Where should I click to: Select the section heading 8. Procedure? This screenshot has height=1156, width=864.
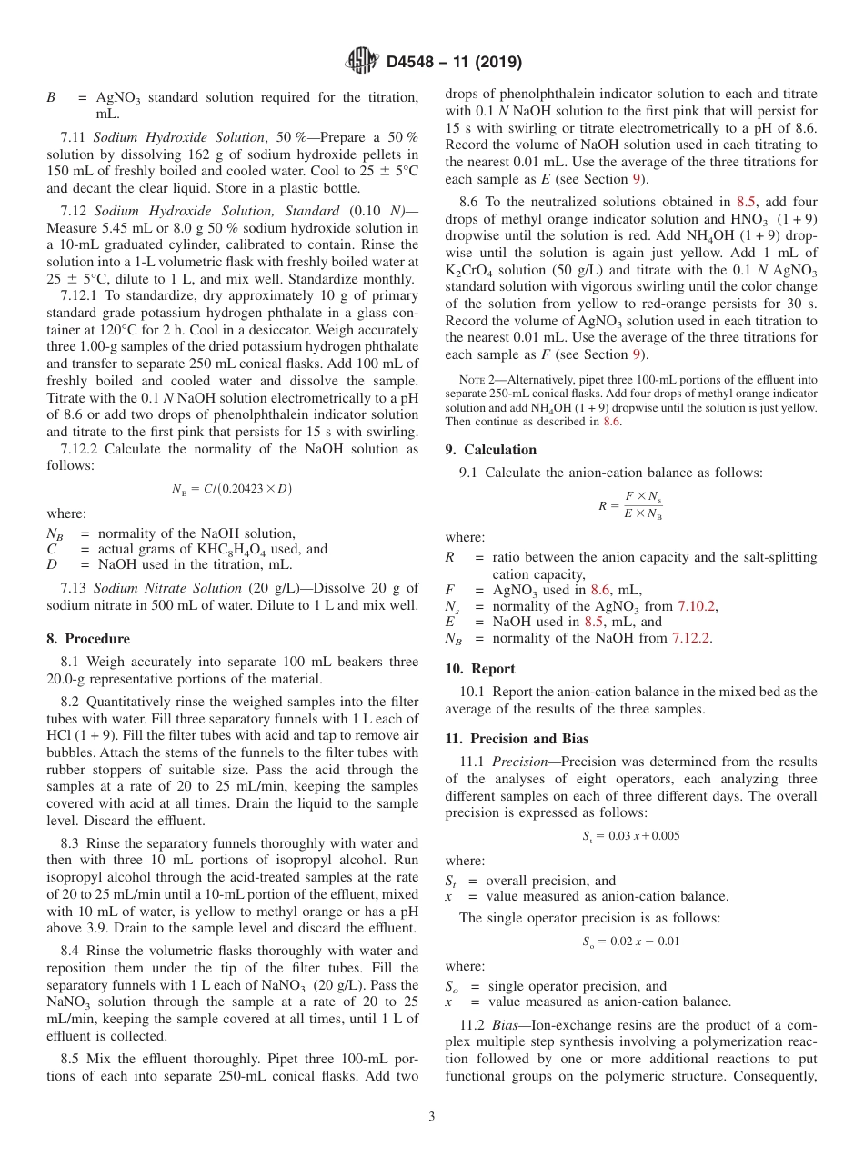click(x=88, y=638)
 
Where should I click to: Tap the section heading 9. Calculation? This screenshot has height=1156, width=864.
click(x=490, y=450)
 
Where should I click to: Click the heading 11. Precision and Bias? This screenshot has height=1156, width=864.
click(x=516, y=739)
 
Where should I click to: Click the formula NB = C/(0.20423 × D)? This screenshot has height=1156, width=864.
click(x=232, y=489)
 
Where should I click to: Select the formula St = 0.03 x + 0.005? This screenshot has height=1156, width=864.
click(x=630, y=836)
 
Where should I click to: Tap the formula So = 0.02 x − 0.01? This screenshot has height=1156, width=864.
click(x=630, y=942)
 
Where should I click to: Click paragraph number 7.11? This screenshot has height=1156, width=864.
click(x=73, y=136)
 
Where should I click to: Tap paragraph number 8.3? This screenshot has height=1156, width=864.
click(x=71, y=843)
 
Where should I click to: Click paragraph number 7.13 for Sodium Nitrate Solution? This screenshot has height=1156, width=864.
click(x=73, y=588)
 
